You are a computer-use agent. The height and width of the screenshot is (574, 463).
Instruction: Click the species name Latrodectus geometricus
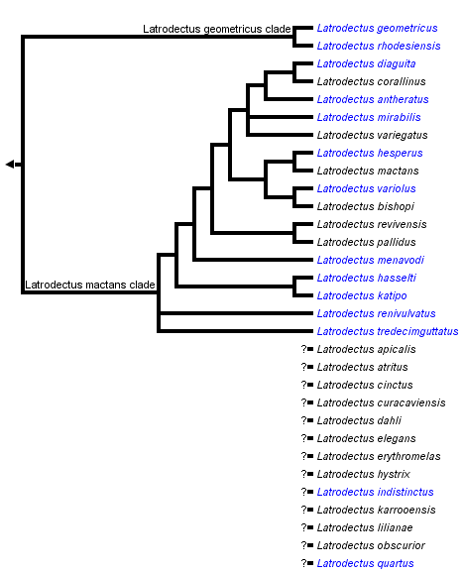[377, 29]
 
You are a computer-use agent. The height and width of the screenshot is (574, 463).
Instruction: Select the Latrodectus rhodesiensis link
[378, 47]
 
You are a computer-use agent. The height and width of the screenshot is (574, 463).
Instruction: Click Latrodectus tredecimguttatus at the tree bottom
[388, 331]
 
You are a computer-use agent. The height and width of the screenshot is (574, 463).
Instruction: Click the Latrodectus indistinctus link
[375, 492]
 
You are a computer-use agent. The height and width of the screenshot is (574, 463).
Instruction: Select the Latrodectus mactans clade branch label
[89, 286]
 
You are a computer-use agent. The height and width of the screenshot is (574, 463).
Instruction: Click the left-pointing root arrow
[10, 164]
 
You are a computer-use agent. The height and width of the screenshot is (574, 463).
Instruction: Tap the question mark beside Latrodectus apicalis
[304, 349]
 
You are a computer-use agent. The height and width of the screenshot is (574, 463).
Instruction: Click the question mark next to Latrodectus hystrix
[304, 474]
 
